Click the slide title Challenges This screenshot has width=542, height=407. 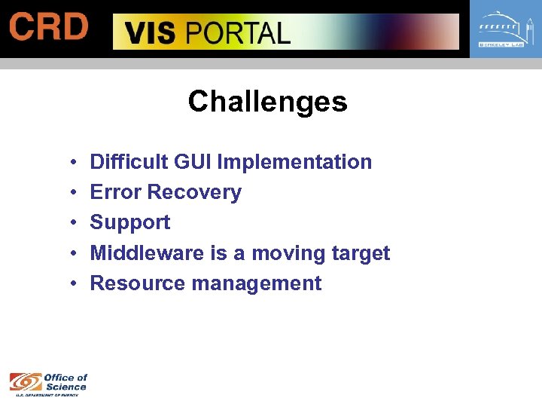[x=267, y=102]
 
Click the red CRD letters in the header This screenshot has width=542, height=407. [x=48, y=28]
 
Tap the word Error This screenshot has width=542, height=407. [x=116, y=192]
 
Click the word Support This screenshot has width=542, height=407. [x=130, y=223]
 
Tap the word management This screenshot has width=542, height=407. [x=257, y=284]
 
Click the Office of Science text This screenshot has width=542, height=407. [x=65, y=382]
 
